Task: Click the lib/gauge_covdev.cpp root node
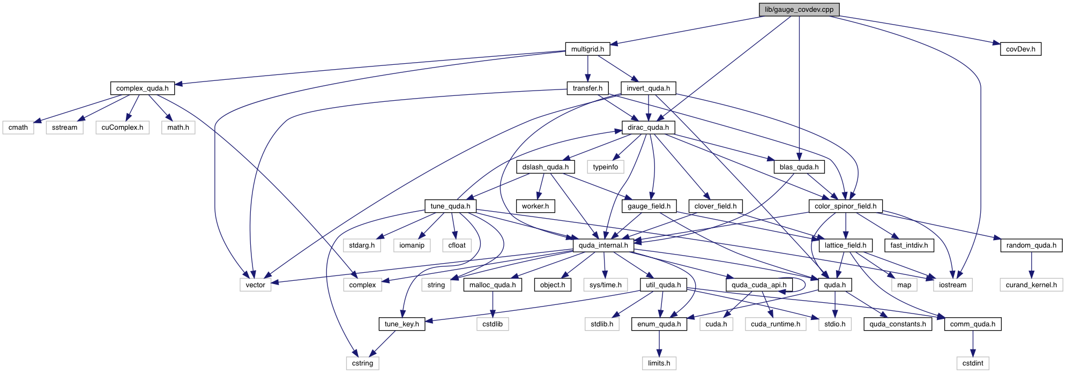pos(799,10)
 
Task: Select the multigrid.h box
pos(587,49)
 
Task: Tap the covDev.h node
pos(1020,49)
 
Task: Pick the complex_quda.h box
pos(142,88)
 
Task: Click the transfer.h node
pos(587,88)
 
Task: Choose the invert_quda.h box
pos(648,88)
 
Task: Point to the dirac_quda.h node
pos(648,128)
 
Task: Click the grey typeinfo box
pos(605,167)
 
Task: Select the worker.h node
pos(535,206)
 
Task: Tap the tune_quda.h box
pos(450,206)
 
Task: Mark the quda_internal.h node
pos(603,245)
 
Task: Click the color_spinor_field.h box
pos(845,206)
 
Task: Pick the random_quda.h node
pos(1031,245)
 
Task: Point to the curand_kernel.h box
pos(1031,285)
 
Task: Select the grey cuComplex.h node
pos(122,128)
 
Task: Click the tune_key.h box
pos(401,324)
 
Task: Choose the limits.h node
pos(659,363)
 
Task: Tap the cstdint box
pos(972,363)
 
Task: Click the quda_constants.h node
pos(897,324)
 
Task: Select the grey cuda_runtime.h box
pos(775,324)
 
